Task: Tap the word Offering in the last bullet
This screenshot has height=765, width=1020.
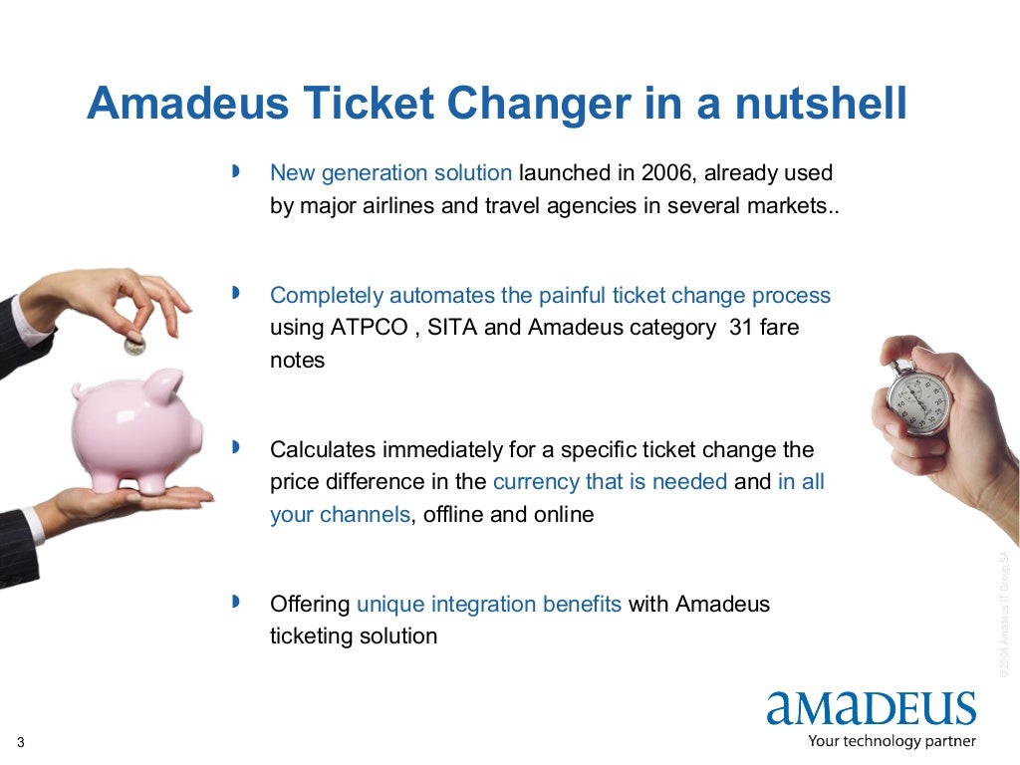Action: [x=310, y=604]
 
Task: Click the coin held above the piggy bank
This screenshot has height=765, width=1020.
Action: [x=134, y=346]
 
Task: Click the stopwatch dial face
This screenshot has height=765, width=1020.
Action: [x=919, y=403]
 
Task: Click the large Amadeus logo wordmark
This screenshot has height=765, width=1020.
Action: [x=871, y=708]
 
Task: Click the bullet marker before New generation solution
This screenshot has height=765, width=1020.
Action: [x=236, y=172]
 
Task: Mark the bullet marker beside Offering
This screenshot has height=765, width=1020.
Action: [x=236, y=603]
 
